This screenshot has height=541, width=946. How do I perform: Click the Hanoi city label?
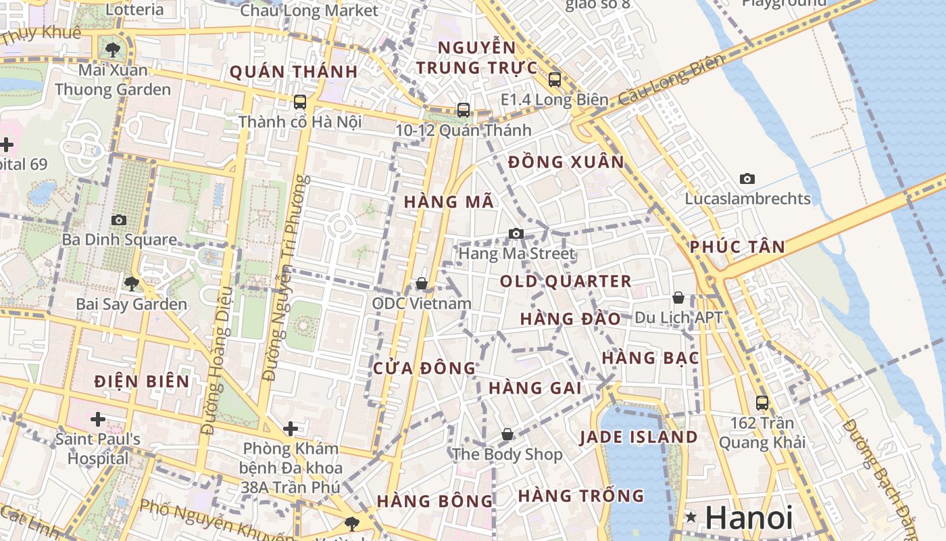749,518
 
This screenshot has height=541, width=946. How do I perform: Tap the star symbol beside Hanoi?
691,518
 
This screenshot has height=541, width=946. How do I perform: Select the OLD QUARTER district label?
566,281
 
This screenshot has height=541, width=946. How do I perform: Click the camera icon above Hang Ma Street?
516,233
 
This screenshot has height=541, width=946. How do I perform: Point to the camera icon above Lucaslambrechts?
747,179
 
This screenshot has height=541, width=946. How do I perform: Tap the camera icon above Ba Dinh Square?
119,220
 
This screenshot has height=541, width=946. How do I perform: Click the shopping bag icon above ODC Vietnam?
422,283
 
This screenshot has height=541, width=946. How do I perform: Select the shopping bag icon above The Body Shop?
507,434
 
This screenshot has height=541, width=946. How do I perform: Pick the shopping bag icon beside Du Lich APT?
678,298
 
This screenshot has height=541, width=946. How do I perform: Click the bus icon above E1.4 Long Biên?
555,79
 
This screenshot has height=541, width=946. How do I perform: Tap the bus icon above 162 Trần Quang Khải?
762,403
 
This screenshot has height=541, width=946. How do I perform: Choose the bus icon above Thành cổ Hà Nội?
300,102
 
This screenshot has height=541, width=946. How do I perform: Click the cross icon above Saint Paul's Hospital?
98,419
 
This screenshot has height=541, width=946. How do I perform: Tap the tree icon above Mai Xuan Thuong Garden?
113,49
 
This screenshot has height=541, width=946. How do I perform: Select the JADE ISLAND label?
639,437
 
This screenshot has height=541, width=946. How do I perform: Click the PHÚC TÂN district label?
737,247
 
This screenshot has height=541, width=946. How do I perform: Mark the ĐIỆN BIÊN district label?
142,381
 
